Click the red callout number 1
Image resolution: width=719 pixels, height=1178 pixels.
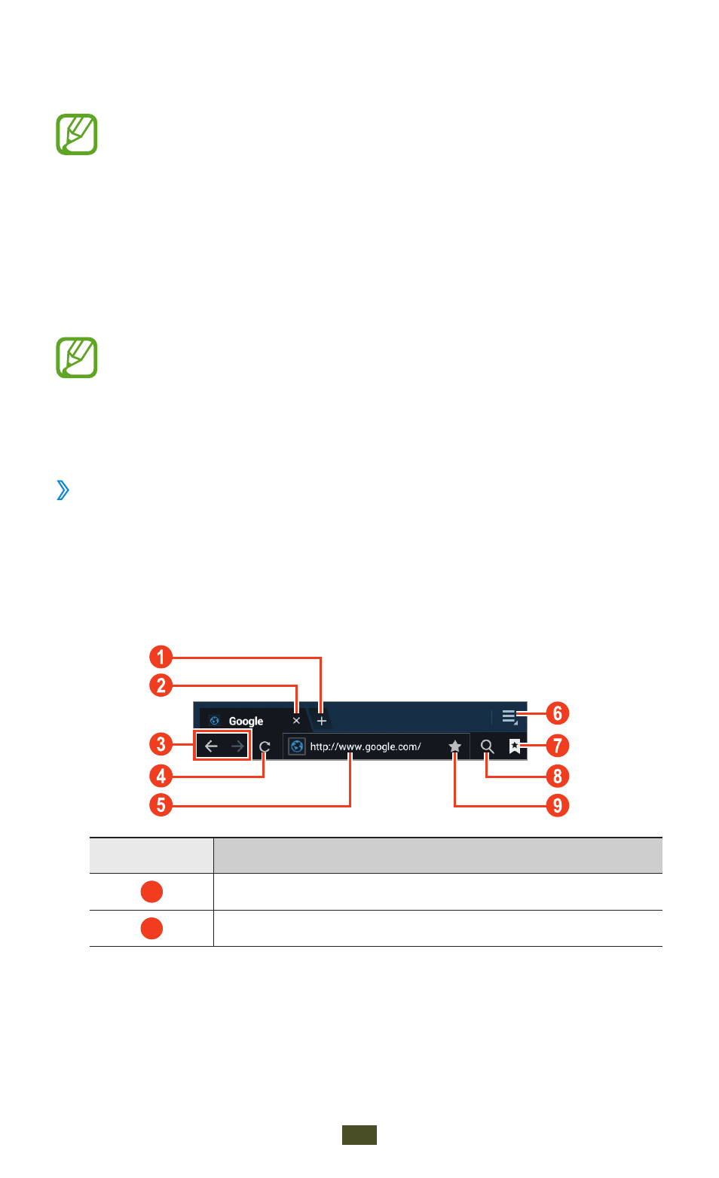[x=161, y=657]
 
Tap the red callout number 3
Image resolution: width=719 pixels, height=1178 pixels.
[x=161, y=744]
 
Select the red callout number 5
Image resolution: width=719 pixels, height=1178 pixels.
[x=161, y=805]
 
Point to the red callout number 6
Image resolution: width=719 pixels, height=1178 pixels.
[x=558, y=713]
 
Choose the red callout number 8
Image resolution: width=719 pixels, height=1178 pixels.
[x=558, y=776]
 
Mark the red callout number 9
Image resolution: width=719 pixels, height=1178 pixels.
[x=558, y=805]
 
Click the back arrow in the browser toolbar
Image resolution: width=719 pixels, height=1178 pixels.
[x=211, y=746]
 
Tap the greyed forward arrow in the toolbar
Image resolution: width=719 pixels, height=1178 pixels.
[x=237, y=746]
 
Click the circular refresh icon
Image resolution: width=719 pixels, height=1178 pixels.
[x=265, y=746]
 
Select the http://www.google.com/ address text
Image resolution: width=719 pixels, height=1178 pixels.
[x=366, y=746]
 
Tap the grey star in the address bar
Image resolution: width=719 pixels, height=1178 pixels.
[x=454, y=746]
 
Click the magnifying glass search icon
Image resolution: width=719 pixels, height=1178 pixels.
[x=488, y=746]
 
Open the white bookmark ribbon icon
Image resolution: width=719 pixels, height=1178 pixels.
[x=515, y=746]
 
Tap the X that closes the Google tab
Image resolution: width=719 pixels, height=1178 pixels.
[x=296, y=721]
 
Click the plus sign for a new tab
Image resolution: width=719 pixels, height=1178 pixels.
[x=322, y=721]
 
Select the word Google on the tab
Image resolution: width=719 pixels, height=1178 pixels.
[x=246, y=721]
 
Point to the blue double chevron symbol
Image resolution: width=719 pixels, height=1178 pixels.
[x=63, y=490]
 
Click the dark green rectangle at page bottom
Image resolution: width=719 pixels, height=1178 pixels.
[x=359, y=1135]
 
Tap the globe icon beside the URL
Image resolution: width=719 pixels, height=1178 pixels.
[x=297, y=746]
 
